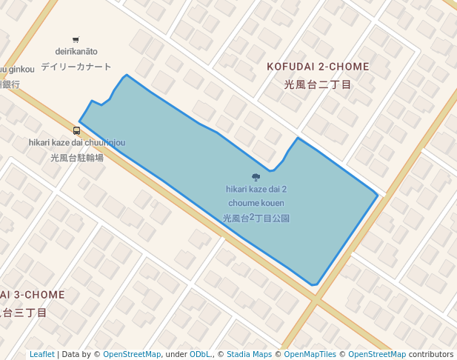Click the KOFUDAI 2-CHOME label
(x=318, y=67)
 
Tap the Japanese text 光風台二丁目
(x=318, y=84)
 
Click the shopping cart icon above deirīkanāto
(x=76, y=40)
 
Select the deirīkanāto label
(x=76, y=52)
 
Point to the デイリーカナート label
(x=76, y=67)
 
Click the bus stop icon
(x=77, y=130)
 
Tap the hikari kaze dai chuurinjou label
(x=77, y=143)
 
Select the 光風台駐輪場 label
(x=77, y=157)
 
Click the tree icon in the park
(x=256, y=177)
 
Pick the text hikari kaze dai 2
(x=256, y=189)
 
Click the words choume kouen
(x=256, y=203)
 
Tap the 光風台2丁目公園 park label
(x=256, y=219)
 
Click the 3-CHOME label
(x=34, y=295)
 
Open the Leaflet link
(x=42, y=354)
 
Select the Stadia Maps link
(x=249, y=354)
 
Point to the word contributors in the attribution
(x=431, y=354)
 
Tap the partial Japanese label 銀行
(x=10, y=84)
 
